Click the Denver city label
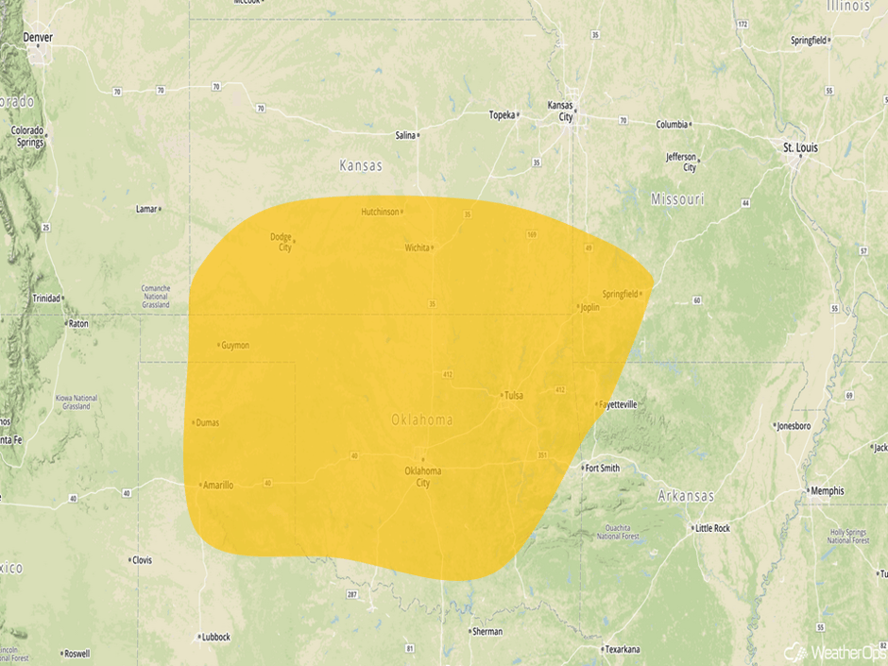point(39,38)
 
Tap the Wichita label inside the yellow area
point(417,248)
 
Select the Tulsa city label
point(514,395)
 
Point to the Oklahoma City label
point(422,476)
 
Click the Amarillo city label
point(217,485)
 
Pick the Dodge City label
point(281,242)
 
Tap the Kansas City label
point(566,111)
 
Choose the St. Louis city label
point(800,148)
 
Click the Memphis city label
point(827,491)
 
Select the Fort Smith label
point(602,468)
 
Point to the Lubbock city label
point(215,637)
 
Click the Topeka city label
point(502,115)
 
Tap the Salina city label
point(405,135)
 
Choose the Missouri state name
point(677,199)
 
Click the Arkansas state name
point(686,496)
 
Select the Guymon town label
point(235,345)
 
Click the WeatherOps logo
point(834,652)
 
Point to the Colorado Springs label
point(27,136)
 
